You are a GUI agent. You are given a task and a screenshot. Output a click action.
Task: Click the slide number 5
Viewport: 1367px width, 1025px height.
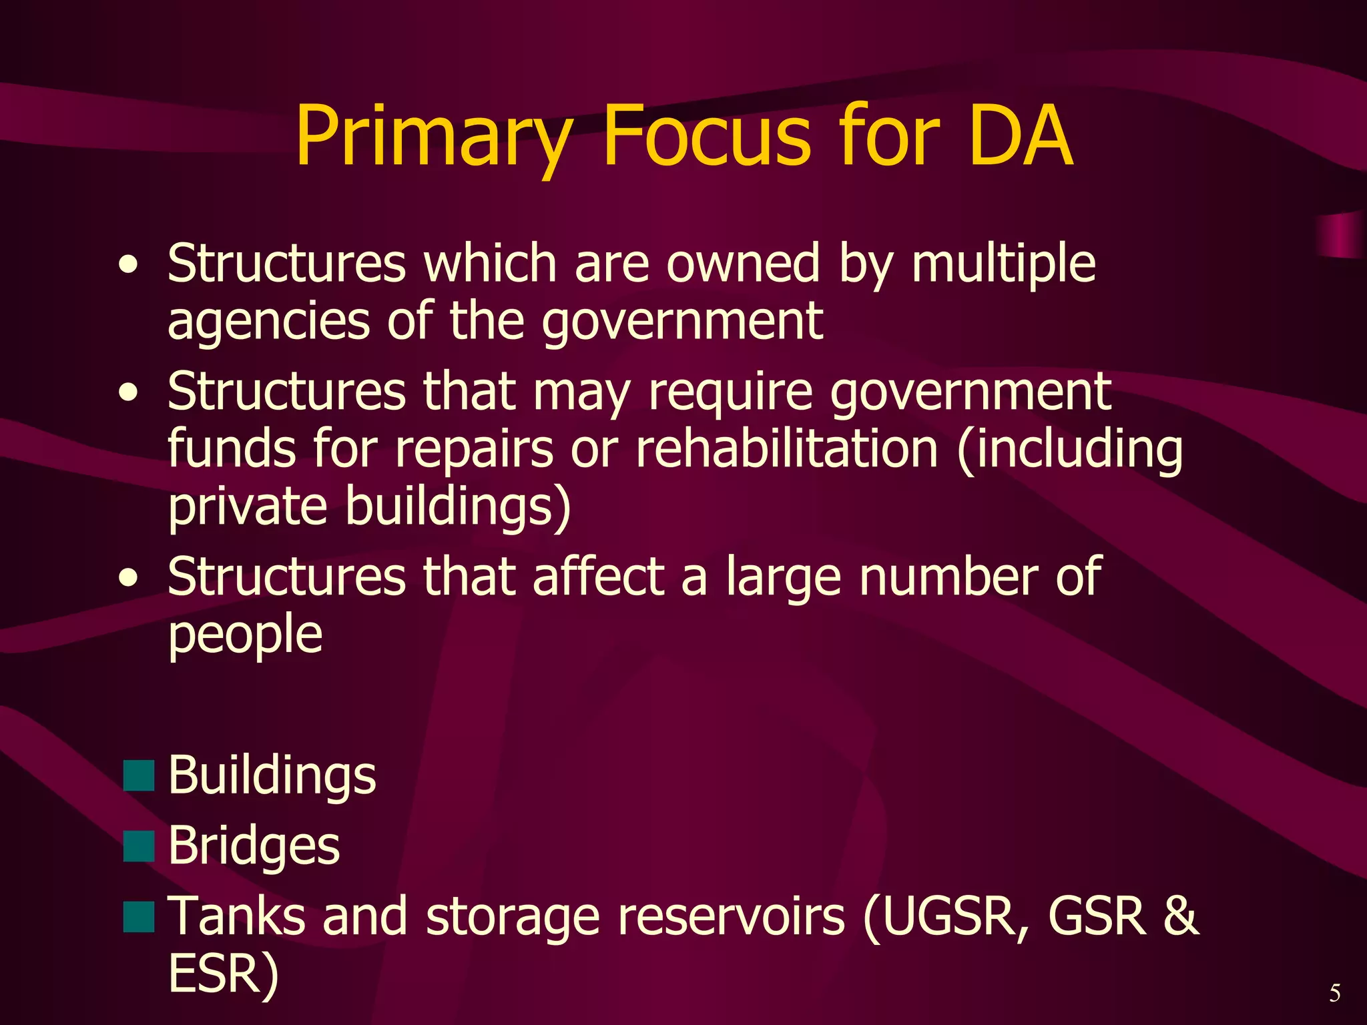tap(1334, 993)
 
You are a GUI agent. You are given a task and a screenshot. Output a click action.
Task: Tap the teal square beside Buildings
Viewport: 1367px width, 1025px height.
tap(139, 775)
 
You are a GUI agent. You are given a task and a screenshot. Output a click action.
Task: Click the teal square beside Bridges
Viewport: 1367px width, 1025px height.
tap(139, 846)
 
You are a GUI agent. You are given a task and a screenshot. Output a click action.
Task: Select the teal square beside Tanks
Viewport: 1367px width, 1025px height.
tap(139, 916)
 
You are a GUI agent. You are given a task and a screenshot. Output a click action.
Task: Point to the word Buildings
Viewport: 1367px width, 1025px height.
tap(272, 775)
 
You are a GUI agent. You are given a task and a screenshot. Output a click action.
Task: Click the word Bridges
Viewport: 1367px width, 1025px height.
tap(254, 846)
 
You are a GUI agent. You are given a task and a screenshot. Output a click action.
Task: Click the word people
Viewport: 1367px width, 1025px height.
tap(245, 634)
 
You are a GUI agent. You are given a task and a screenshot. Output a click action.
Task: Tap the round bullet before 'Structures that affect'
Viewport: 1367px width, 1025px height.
tap(128, 577)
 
